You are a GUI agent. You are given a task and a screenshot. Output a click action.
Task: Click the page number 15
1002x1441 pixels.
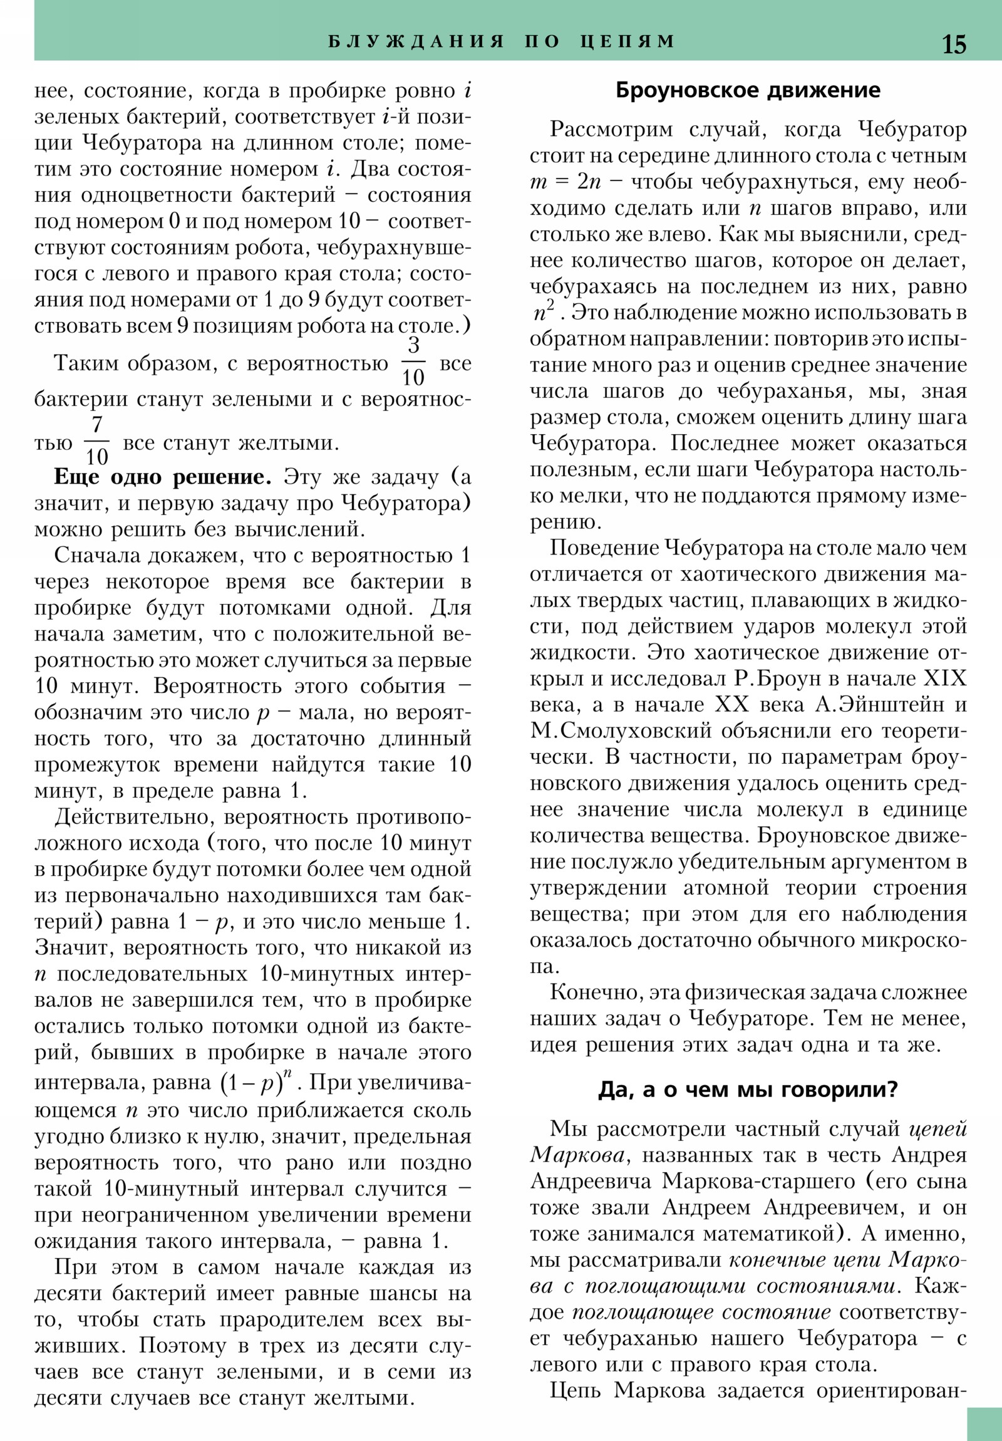[x=954, y=44]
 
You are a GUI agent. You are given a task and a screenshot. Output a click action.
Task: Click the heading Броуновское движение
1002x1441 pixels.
[x=748, y=91]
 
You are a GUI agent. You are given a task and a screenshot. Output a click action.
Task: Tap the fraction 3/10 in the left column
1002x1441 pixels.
[x=413, y=363]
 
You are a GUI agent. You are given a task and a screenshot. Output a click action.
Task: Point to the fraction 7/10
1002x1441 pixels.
[x=96, y=441]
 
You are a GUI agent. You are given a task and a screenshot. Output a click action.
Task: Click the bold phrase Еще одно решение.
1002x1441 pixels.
[x=162, y=477]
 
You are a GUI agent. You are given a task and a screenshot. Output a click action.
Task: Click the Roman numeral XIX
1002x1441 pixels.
[x=946, y=679]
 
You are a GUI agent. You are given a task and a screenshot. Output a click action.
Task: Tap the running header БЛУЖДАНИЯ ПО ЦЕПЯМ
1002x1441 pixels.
[x=502, y=41]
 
